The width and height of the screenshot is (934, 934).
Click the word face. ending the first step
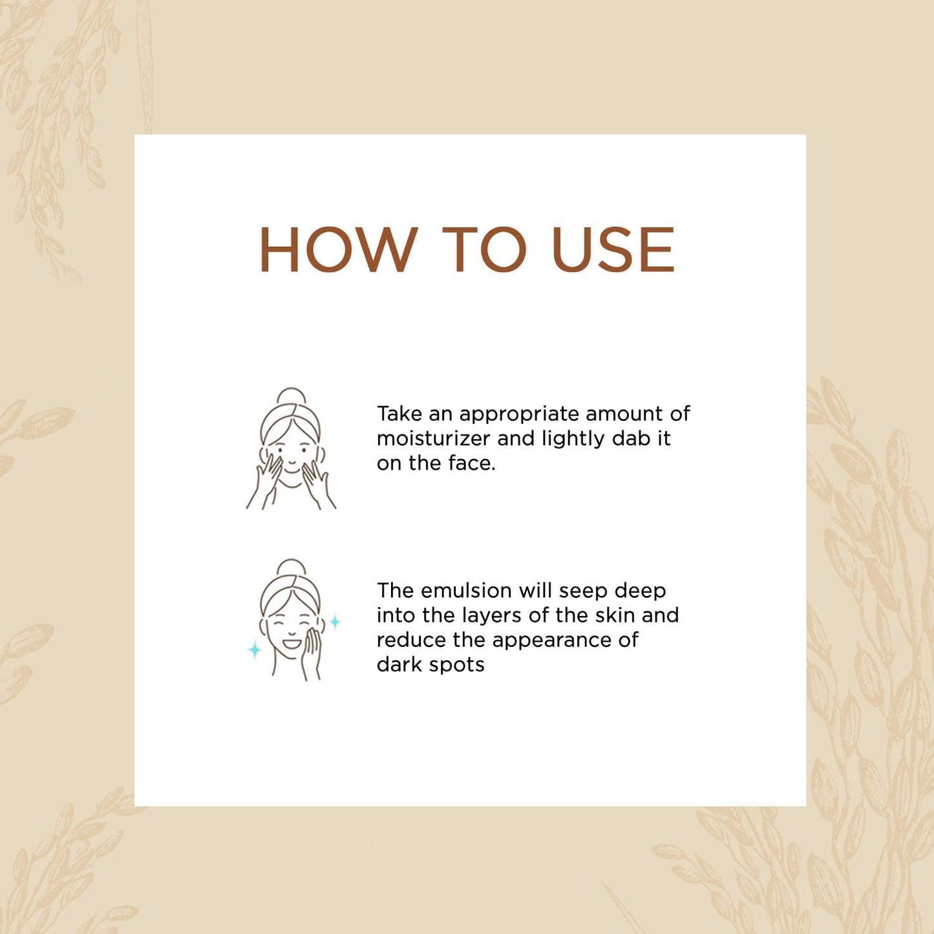coord(471,463)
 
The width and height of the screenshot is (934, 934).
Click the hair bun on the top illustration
coord(292,396)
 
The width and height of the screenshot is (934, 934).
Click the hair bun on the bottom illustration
coord(292,567)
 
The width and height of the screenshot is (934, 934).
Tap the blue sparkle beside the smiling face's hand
coord(335,622)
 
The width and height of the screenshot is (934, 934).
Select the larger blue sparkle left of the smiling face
coord(255,649)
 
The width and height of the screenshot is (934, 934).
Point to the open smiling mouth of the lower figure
coord(291,644)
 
